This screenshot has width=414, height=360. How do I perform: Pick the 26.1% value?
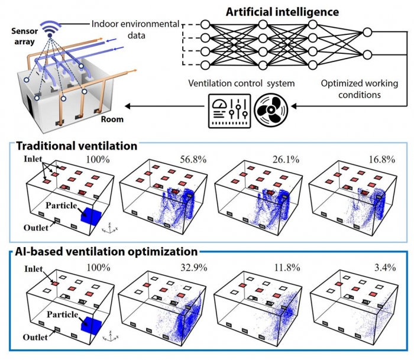(x=285, y=160)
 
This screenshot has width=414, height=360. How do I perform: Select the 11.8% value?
(x=285, y=267)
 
